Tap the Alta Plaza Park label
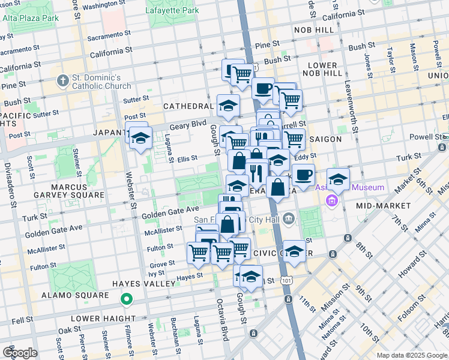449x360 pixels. [31, 18]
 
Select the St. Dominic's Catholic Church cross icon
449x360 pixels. [62, 80]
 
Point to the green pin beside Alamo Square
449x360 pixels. [126, 298]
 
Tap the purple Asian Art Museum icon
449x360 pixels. [332, 201]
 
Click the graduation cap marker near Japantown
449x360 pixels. [140, 138]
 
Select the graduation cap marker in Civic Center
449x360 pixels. [294, 251]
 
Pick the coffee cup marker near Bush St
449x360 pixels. [262, 89]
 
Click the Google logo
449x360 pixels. [20, 353]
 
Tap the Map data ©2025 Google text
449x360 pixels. [411, 355]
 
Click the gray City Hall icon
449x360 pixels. [289, 218]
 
